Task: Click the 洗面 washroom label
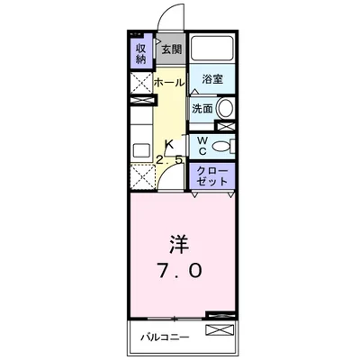point(202,108)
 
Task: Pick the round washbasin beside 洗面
point(225,109)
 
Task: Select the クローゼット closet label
point(210,175)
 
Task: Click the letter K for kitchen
point(168,144)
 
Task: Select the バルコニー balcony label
point(164,339)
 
